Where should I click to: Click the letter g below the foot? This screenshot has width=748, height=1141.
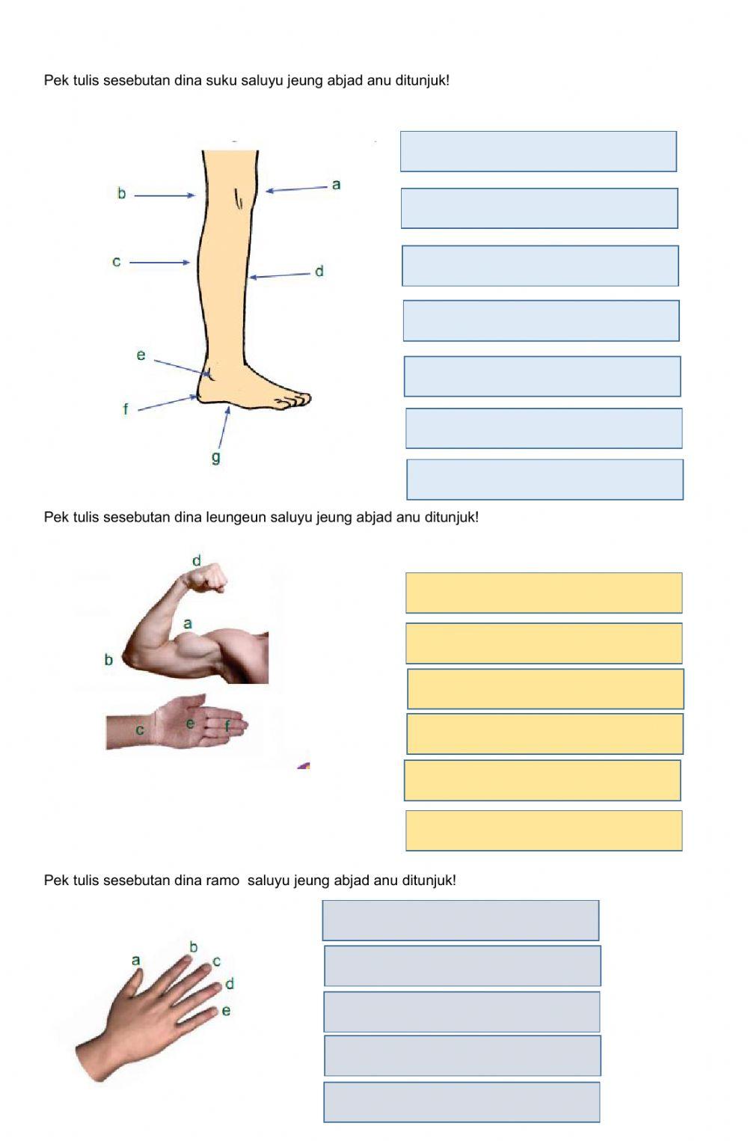[x=216, y=457]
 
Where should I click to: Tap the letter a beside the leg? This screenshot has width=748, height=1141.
[x=336, y=184]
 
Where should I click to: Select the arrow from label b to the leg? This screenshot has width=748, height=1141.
[x=165, y=195]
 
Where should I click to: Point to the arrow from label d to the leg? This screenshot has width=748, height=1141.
[x=279, y=275]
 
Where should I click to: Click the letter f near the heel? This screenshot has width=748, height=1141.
[x=126, y=409]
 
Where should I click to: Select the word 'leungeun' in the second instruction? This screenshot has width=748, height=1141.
[x=236, y=518]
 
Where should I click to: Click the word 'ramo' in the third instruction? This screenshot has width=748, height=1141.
[x=222, y=881]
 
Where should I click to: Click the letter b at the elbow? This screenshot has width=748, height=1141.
[x=108, y=660]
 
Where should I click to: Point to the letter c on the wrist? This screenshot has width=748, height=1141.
[x=140, y=730]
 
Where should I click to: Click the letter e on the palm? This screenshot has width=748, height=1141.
[x=190, y=724]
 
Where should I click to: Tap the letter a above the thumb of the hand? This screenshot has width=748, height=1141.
[x=135, y=961]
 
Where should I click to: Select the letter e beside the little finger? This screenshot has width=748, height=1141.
[x=226, y=1011]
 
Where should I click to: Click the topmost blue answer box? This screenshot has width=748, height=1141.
[x=539, y=151]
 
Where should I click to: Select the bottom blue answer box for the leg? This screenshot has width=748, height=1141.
[x=545, y=480]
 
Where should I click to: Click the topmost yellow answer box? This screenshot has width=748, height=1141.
[x=544, y=593]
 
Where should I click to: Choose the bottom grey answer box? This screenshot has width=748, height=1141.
[x=462, y=1102]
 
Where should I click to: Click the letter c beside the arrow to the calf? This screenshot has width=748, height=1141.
[x=117, y=261]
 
